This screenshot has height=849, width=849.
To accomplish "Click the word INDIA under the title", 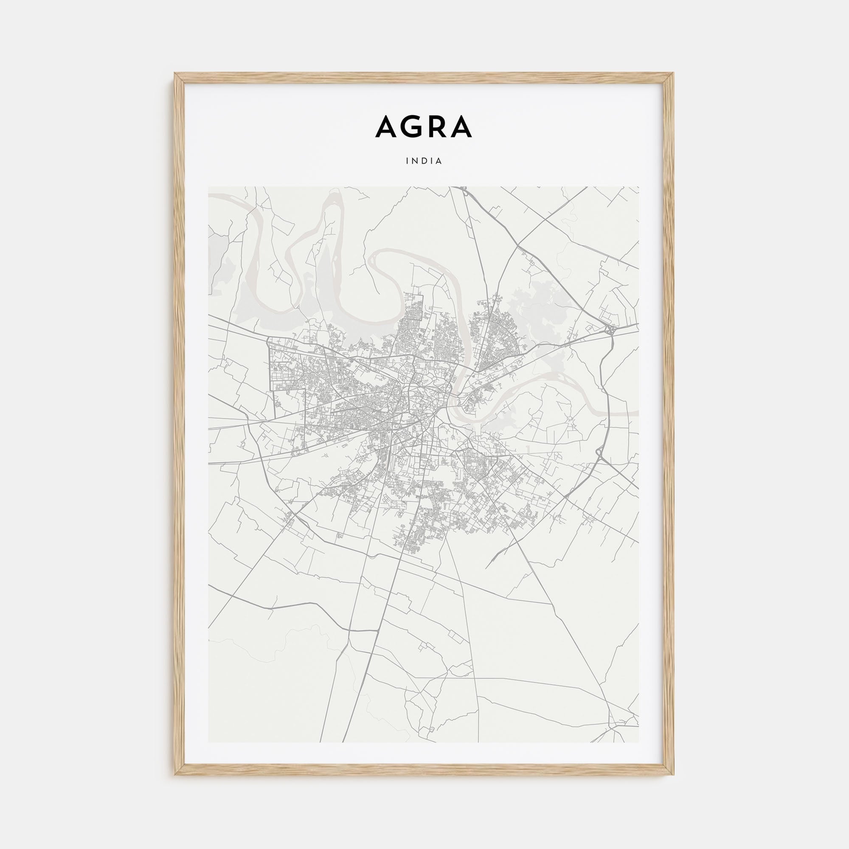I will (x=424, y=161).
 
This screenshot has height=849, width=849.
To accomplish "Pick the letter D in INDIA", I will (x=424, y=161).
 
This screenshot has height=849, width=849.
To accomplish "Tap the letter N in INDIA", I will (x=416, y=161).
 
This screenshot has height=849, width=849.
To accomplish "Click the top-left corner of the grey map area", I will (x=208, y=187).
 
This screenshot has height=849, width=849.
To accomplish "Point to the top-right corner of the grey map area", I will (x=639, y=187).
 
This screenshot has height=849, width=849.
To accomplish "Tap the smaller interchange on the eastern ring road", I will (x=600, y=457).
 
